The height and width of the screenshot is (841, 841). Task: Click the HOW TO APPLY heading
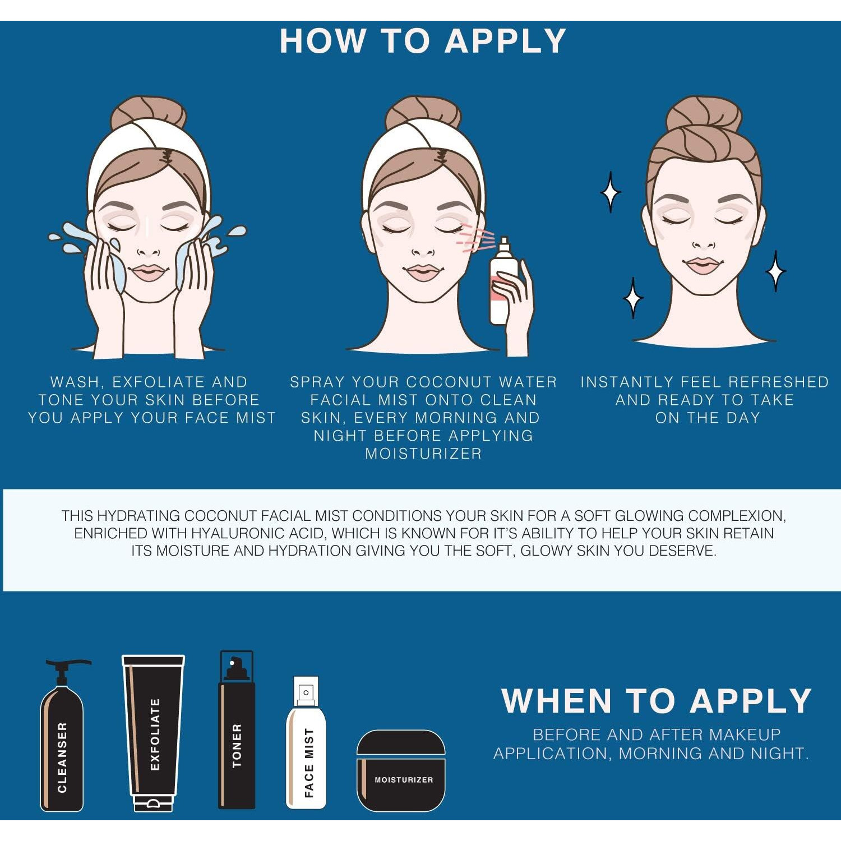423,41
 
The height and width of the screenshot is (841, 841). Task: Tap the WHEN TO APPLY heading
657,701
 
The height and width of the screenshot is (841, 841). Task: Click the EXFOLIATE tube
153,733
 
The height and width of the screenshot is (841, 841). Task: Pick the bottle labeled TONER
236,729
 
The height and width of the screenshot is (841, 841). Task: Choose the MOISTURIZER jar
401,770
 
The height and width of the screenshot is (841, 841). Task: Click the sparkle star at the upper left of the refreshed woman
611,192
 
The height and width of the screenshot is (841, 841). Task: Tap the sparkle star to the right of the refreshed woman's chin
776,271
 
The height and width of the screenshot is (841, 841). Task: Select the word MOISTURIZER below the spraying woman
423,454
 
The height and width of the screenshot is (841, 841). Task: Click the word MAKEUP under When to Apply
745,734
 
